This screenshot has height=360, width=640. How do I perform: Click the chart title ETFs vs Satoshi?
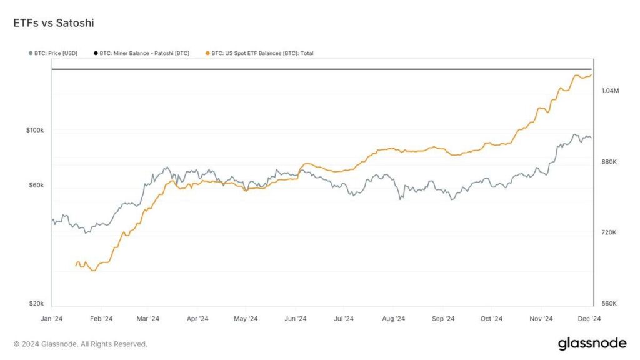pyautogui.click(x=54, y=22)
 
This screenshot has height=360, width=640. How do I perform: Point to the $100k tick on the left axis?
pyautogui.click(x=35, y=130)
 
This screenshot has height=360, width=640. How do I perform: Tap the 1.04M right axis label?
pyautogui.click(x=610, y=91)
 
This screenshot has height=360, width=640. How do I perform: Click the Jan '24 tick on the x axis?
pyautogui.click(x=51, y=319)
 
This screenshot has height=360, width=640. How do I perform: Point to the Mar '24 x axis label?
pyautogui.click(x=147, y=319)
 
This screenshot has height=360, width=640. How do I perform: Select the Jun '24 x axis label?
pyautogui.click(x=296, y=319)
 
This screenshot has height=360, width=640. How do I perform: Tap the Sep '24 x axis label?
pyautogui.click(x=443, y=319)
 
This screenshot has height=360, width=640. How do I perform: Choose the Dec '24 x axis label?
pyautogui.click(x=589, y=319)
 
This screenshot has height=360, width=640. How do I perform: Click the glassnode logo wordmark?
pyautogui.click(x=592, y=343)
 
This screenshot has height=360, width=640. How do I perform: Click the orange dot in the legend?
pyautogui.click(x=207, y=53)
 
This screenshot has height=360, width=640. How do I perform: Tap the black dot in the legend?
pyautogui.click(x=96, y=53)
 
